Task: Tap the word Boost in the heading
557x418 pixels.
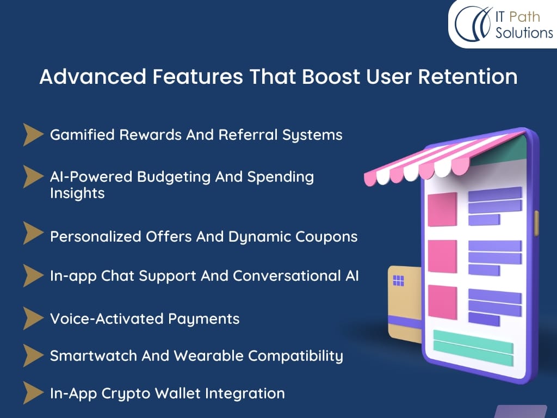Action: point(331,76)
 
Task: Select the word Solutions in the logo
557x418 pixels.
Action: point(524,33)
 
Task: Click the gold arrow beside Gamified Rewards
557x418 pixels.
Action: point(33,135)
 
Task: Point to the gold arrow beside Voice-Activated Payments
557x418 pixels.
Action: point(33,318)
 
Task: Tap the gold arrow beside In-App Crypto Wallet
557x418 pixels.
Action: point(33,393)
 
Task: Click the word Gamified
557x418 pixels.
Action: point(83,135)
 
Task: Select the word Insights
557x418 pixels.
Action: point(77,193)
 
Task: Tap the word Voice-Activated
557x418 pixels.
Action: point(107,319)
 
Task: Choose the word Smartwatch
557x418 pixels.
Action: point(94,356)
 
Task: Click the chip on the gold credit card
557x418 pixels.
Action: point(399,281)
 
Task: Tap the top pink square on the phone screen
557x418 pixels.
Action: point(442,210)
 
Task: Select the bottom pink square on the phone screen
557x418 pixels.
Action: point(442,302)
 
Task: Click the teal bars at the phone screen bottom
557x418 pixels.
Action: point(474,348)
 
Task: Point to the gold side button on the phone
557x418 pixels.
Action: point(537,223)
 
